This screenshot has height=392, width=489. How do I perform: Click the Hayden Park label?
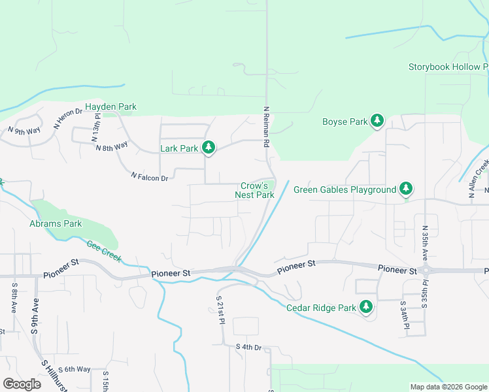[110, 106]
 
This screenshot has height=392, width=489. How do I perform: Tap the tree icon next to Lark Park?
[209, 148]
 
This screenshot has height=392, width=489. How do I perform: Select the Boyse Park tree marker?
[377, 122]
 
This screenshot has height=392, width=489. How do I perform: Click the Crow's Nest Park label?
[254, 190]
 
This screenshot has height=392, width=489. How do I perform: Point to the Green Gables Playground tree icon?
[407, 189]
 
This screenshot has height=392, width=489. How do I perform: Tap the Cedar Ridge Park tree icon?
[366, 307]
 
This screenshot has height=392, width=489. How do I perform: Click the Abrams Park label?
[56, 223]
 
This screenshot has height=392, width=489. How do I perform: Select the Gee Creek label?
[104, 251]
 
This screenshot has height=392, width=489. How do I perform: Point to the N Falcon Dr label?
[150, 176]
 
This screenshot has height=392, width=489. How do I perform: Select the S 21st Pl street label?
[220, 310]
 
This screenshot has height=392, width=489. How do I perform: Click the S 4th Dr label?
[248, 347]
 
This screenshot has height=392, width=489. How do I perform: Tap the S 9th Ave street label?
[35, 316]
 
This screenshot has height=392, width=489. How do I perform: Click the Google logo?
[22, 384]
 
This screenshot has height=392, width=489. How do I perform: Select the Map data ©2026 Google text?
[448, 387]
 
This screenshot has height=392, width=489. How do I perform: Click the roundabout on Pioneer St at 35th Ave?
[426, 270]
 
